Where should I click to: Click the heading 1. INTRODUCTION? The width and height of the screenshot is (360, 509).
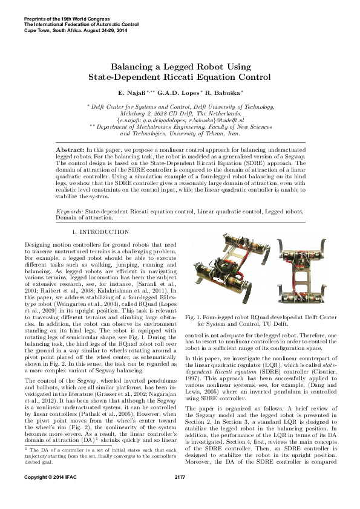coord(100,232)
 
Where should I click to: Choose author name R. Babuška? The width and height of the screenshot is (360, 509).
coord(224,93)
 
